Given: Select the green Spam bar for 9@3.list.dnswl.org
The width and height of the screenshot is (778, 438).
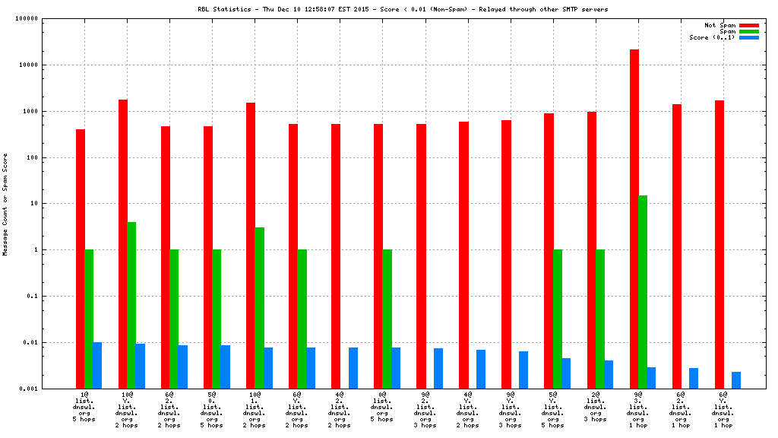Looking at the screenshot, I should click(x=643, y=292).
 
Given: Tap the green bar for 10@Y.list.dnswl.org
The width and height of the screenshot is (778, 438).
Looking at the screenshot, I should click(x=131, y=305).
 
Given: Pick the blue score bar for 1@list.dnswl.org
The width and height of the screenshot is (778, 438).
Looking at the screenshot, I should click(x=97, y=365).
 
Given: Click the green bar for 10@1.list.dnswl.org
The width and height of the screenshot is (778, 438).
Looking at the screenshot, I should click(x=259, y=308).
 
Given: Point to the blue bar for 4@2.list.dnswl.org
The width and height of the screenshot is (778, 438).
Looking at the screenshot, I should click(x=353, y=368).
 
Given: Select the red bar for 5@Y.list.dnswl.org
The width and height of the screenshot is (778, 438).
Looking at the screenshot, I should click(x=549, y=251).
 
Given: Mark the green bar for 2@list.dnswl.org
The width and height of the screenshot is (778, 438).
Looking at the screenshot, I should click(x=600, y=319).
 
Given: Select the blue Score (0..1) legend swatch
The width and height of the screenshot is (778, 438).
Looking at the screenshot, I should click(x=749, y=37).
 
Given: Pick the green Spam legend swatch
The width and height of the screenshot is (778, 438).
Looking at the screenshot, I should click(x=749, y=31).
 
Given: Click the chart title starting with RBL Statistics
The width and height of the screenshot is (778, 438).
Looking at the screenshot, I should click(x=403, y=9).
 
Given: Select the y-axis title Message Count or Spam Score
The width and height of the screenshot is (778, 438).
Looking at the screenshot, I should click(x=5, y=204).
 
